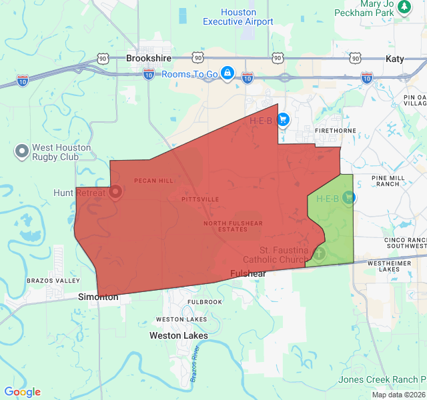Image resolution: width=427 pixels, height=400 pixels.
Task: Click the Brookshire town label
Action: tap(148, 59)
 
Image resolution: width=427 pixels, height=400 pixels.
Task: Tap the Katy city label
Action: tap(394, 59)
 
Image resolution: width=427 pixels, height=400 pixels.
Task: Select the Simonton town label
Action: tap(98, 297)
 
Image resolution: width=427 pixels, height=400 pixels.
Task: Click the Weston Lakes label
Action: tap(178, 335)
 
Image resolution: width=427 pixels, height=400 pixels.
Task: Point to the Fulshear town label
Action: tap(248, 274)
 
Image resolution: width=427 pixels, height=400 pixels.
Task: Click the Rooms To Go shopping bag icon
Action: tap(227, 73)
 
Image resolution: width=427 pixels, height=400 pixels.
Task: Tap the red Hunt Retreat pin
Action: tap(115, 193)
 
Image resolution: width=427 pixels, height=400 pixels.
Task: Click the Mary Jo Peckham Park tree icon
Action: tap(404, 7)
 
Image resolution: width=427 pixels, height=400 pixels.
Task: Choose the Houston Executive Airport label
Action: tap(238, 17)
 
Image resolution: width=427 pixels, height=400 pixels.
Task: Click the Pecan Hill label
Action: tap(153, 181)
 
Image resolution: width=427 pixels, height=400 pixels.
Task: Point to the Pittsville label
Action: tap(199, 199)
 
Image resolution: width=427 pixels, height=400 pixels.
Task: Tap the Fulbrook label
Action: tap(204, 302)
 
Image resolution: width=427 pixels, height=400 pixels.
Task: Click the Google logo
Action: tap(22, 392)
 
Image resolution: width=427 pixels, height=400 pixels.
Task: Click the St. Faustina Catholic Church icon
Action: tap(319, 253)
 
